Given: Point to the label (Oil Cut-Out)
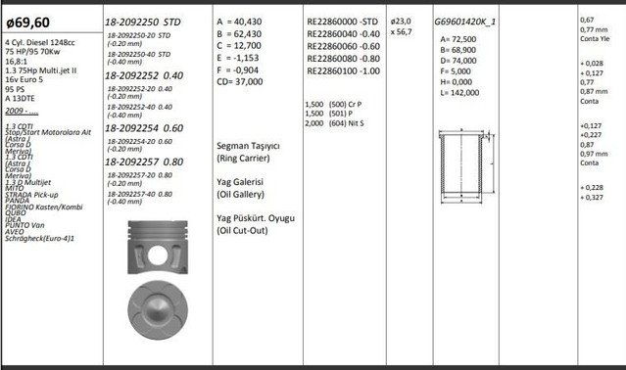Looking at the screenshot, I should (x=249, y=231).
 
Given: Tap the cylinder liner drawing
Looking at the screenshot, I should (x=457, y=159).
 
